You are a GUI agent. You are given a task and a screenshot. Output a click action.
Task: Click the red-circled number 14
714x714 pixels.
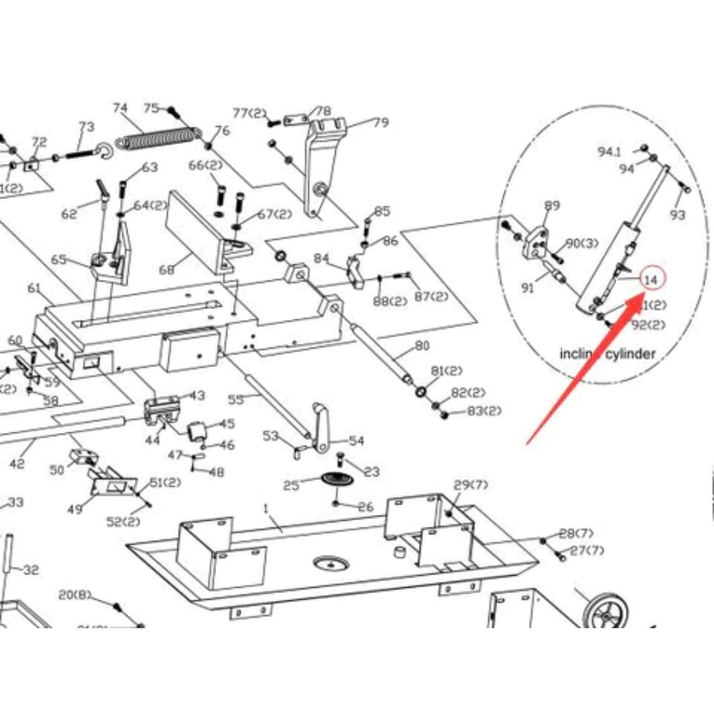(x=651, y=280)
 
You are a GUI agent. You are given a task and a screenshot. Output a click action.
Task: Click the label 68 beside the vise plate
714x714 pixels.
(x=167, y=270)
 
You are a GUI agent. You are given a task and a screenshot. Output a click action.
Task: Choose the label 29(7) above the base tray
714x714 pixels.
(x=471, y=485)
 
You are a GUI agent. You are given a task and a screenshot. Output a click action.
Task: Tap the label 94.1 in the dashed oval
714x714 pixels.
(x=610, y=152)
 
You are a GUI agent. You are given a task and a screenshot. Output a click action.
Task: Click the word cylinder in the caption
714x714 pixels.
(x=632, y=354)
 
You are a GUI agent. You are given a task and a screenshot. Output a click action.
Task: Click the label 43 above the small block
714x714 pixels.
(x=197, y=395)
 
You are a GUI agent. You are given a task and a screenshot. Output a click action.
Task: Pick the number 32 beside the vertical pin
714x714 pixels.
(x=31, y=570)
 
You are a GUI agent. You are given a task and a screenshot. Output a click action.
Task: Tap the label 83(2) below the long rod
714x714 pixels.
(x=484, y=411)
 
